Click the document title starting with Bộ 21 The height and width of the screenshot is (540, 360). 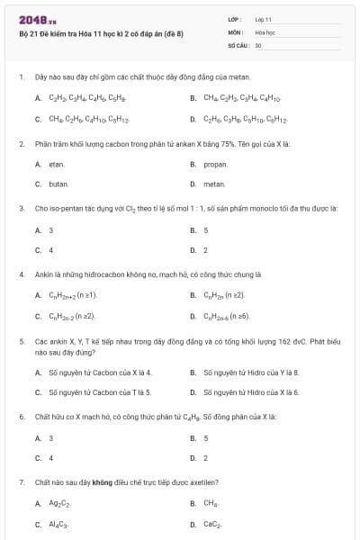point(101,33)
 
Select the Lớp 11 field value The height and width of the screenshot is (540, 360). point(264,19)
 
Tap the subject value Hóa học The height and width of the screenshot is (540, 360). point(265,31)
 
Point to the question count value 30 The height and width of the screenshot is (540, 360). point(258,44)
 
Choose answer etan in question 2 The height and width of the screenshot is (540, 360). point(57,165)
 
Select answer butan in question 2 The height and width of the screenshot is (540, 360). point(58,184)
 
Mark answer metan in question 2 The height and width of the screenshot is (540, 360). point(213,184)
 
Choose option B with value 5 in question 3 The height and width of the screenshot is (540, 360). point(206,230)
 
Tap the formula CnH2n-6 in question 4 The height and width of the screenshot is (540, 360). point(227,316)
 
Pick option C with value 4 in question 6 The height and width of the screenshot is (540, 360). point(50,457)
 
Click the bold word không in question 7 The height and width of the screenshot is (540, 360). point(113,482)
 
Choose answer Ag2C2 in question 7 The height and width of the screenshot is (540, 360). point(60,504)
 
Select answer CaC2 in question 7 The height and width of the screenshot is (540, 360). point(212,524)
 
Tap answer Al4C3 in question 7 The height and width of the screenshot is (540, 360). point(58,524)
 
